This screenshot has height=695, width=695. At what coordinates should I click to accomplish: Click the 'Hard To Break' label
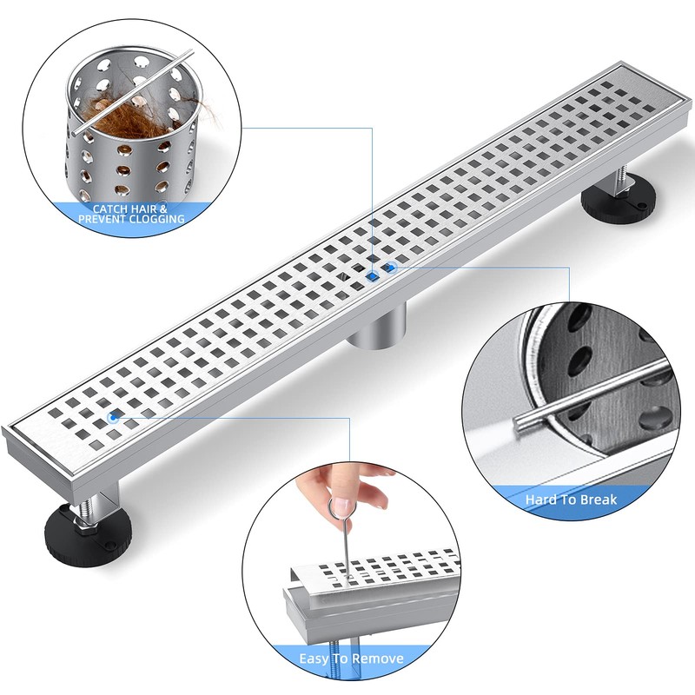click(571, 500)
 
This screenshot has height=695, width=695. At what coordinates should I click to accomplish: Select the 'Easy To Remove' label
click(345, 658)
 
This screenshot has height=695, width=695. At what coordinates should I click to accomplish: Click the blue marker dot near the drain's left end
click(112, 418)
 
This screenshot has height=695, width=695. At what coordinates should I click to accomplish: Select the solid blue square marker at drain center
click(373, 275)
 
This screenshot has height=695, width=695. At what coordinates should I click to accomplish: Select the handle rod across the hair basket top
click(130, 91)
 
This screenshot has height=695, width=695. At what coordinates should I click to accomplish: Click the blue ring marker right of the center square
click(391, 268)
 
